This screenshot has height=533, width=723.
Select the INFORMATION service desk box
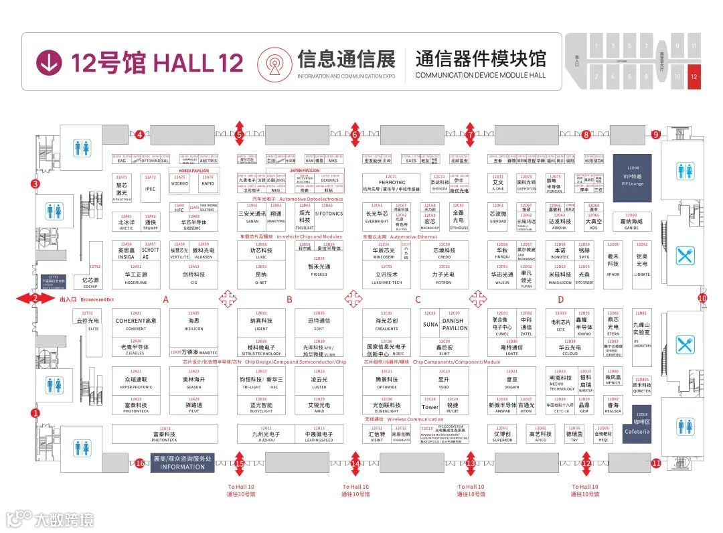[x=182, y=463]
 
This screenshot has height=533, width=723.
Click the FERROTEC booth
[x=392, y=182]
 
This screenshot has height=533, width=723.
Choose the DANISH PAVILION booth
[x=455, y=324]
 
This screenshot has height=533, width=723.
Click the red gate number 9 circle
[x=655, y=135]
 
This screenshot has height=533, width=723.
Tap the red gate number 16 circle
[x=140, y=463]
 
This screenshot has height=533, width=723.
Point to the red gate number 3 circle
[x=35, y=183]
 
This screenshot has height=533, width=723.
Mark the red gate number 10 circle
[x=702, y=298]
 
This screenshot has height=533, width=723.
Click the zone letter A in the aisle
[x=165, y=299]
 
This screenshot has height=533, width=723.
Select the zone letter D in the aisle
[x=561, y=299]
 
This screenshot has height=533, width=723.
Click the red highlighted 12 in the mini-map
[x=694, y=77]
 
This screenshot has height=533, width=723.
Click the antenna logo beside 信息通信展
[x=274, y=63]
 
